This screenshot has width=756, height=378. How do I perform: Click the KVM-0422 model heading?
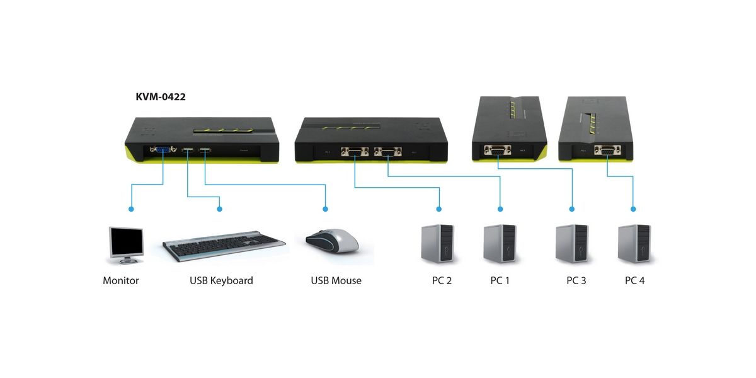tap(160, 97)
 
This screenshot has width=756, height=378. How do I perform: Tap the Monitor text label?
tap(120, 280)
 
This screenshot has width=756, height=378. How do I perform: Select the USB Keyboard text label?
tap(221, 280)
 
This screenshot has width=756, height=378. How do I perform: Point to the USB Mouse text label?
tap(336, 280)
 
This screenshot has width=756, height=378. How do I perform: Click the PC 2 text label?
tap(442, 280)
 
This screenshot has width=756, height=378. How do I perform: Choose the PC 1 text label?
tap(500, 280)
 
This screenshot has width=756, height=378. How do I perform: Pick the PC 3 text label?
tap(576, 280)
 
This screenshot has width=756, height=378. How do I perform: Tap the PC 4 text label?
tap(634, 280)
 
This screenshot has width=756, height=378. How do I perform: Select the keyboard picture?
tap(224, 245)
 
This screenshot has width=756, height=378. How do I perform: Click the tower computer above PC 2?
tap(437, 243)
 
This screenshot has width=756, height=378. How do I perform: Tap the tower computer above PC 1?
tap(500, 243)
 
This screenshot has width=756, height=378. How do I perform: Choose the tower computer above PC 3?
tap(572, 243)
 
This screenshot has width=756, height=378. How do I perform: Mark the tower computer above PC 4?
tap(634, 243)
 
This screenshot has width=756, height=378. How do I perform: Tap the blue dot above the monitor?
tap(130, 209)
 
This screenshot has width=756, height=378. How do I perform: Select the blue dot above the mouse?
tap(325, 209)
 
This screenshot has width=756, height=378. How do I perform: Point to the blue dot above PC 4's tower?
tap(633, 209)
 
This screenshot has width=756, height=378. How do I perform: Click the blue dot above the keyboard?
tap(219, 209)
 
